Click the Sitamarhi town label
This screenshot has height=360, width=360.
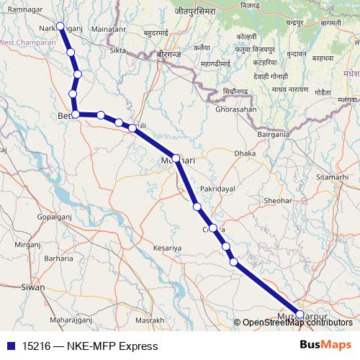[x=331, y=176]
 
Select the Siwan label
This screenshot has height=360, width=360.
[x=32, y=287]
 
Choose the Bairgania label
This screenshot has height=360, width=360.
[x=273, y=135]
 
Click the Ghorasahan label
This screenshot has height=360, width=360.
[x=235, y=108]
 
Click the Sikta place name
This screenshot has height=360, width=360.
[x=116, y=50]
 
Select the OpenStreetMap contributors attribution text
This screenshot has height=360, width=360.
[x=297, y=322]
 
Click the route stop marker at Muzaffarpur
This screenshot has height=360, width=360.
[x=300, y=314]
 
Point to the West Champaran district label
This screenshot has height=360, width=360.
[x=29, y=42]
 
